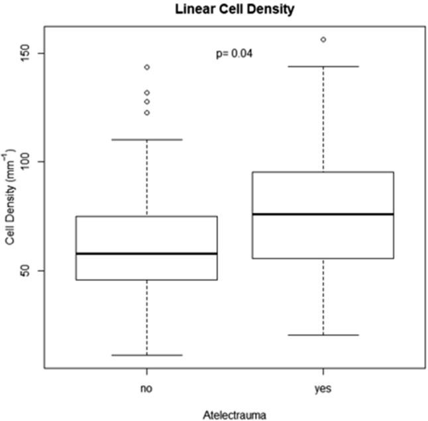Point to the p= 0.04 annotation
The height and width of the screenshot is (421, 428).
click(235, 53)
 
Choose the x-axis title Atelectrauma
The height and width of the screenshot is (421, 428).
click(235, 414)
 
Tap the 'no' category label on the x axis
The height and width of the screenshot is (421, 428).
click(146, 389)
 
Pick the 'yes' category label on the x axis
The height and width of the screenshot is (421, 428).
click(323, 389)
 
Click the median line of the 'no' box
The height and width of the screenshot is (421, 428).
click(146, 253)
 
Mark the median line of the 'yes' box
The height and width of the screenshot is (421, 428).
click(323, 214)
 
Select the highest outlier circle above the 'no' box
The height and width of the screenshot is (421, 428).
click(146, 67)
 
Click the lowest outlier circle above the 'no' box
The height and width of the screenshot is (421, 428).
click(146, 113)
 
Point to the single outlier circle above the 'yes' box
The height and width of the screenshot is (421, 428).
click(323, 40)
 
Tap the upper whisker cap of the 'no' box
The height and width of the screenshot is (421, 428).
click(146, 139)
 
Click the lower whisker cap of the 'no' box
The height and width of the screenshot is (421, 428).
click(146, 355)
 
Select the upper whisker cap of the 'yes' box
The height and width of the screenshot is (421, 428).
click(323, 66)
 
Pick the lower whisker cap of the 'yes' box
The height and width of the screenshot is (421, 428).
click(323, 335)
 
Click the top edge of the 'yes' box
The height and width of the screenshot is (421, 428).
click(323, 172)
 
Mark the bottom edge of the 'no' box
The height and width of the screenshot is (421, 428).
click(146, 280)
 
